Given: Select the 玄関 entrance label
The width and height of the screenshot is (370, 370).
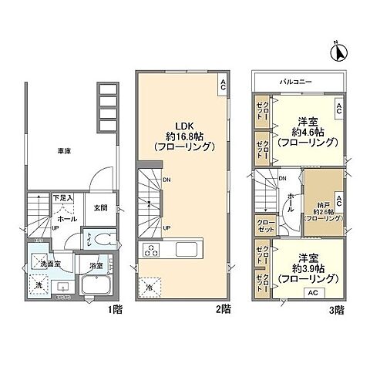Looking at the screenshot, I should pos(100,207).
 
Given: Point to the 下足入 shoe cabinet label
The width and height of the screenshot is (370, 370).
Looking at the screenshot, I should pos(63,198).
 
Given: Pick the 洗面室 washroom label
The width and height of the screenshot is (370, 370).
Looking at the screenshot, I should pos(52,264).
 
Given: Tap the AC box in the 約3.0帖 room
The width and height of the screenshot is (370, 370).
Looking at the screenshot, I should pos(312,293).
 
